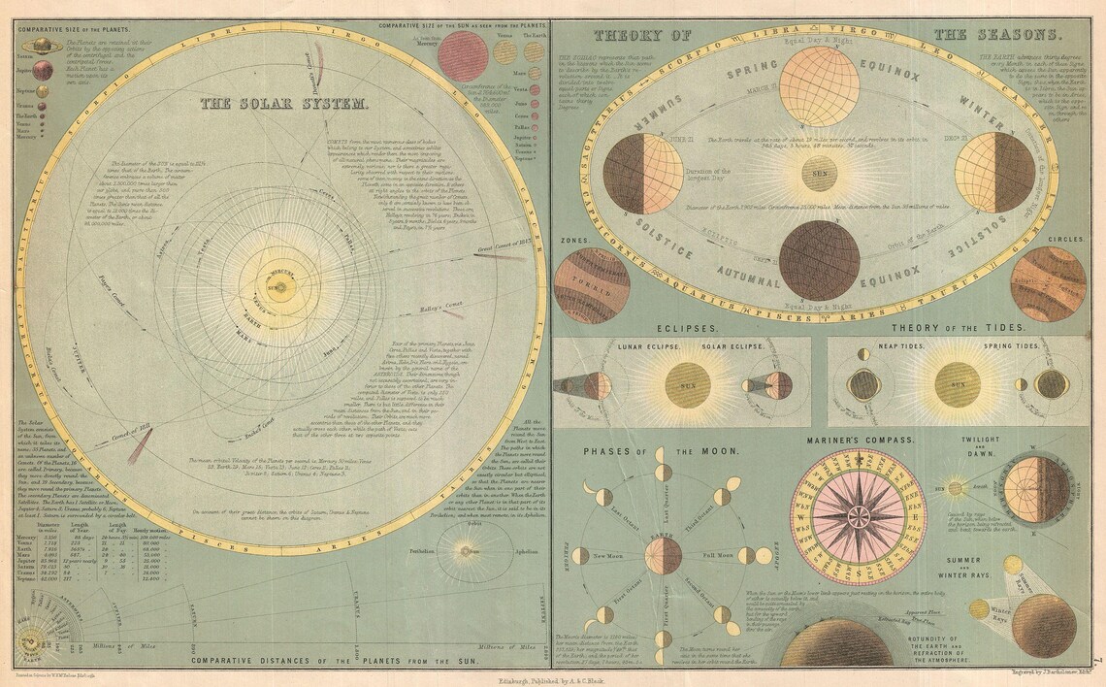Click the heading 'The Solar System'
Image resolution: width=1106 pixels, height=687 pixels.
pyautogui.click(x=284, y=103)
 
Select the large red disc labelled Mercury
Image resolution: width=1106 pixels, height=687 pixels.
pyautogui.click(x=462, y=56)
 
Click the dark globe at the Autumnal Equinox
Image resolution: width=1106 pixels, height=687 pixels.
pyautogui.click(x=820, y=259)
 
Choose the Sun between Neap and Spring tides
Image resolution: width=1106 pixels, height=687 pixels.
pyautogui.click(x=957, y=384)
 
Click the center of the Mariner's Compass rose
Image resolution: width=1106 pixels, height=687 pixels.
pyautogui.click(x=860, y=510)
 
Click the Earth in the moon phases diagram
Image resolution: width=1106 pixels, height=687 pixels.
pyautogui.click(x=664, y=554)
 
